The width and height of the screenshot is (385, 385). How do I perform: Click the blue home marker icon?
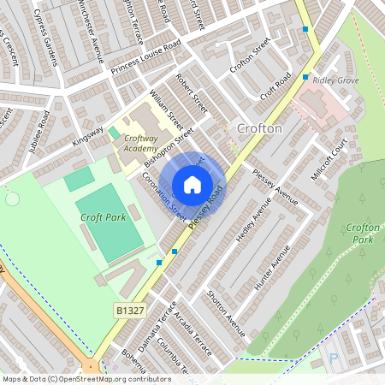pyautogui.click(x=192, y=184)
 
